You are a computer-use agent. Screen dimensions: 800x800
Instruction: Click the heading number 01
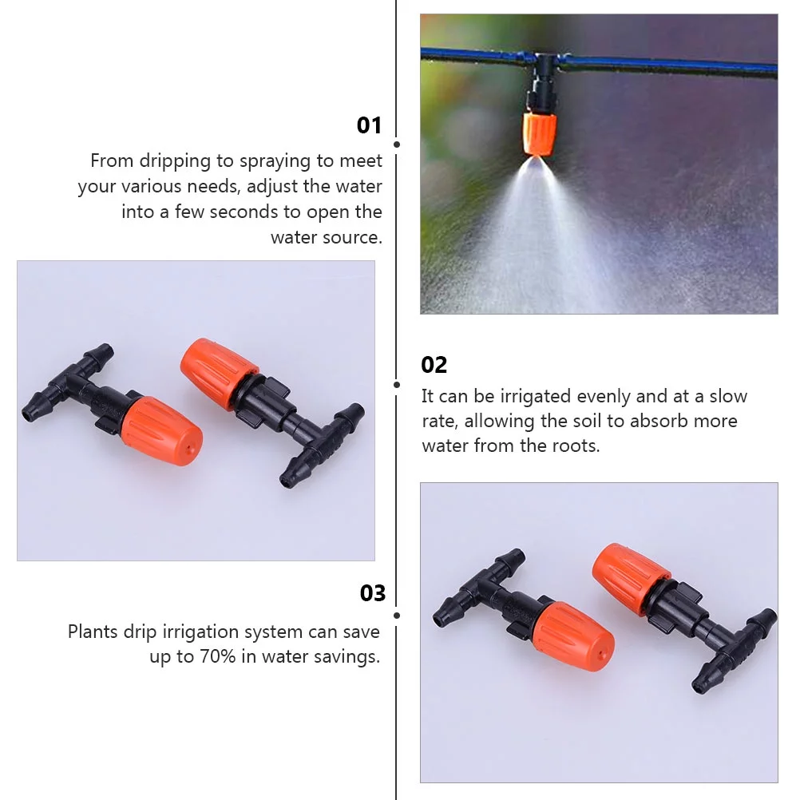coord(369,125)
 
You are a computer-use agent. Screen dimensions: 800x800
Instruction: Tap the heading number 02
coord(434,365)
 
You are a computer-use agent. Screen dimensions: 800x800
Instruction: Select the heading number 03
coord(372,593)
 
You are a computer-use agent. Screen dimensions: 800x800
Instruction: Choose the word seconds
coord(289,212)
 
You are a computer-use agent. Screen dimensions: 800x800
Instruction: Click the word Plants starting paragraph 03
coord(93,632)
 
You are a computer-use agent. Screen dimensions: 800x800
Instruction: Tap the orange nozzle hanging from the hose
coord(540,134)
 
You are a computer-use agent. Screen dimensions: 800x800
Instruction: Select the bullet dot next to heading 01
coord(397,145)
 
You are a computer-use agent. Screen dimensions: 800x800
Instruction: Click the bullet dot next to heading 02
coord(397,384)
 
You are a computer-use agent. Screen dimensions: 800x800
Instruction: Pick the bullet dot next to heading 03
coord(397,616)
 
